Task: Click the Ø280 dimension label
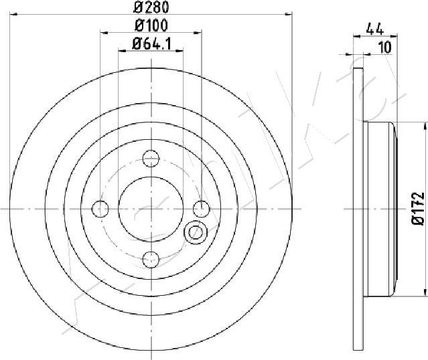click(x=151, y=7)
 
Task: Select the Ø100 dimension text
click(x=151, y=25)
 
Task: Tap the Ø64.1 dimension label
click(x=152, y=44)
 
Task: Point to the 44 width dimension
click(x=375, y=29)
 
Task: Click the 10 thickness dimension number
click(x=385, y=48)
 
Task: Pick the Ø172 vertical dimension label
click(x=418, y=209)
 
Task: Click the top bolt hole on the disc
click(x=151, y=159)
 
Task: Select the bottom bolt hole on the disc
click(x=151, y=260)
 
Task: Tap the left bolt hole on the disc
click(x=100, y=209)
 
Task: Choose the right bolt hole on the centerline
click(x=202, y=209)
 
